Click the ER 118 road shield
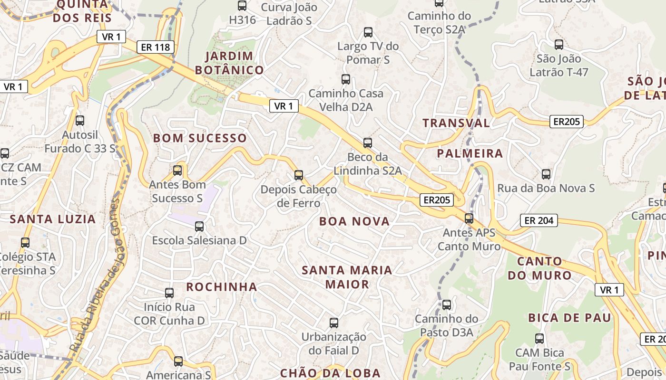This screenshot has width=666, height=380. click(x=155, y=47)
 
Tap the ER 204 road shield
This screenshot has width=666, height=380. click(x=539, y=220)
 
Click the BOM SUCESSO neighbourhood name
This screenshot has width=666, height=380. click(x=200, y=138)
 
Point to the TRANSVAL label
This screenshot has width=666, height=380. click(x=456, y=123)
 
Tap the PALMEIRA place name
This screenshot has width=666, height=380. click(x=463, y=153)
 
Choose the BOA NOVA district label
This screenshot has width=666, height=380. click(x=354, y=221)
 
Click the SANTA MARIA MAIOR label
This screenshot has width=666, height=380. click(x=347, y=277)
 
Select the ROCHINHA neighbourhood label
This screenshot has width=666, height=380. click(x=221, y=287)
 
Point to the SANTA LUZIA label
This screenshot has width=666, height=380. click(x=53, y=219)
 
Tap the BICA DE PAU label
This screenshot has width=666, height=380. click(x=569, y=318)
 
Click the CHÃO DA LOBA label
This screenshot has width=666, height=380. click(x=330, y=373)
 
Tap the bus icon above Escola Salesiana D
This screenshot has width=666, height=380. click(x=199, y=227)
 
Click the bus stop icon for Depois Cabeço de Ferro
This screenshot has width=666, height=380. click(x=299, y=175)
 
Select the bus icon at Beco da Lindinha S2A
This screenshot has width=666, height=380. click(x=367, y=142)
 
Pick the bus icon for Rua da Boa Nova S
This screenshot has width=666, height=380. click(x=546, y=174)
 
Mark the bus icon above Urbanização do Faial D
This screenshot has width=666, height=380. click(x=334, y=323)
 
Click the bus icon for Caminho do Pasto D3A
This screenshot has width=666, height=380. click(x=446, y=304)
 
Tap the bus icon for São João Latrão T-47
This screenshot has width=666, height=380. click(x=559, y=45)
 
